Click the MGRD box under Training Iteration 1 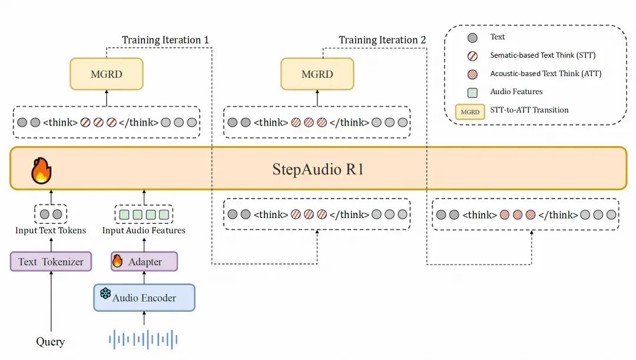(x=106, y=74)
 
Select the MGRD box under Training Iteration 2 (x=317, y=74)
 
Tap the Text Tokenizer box (x=51, y=262)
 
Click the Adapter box (x=144, y=262)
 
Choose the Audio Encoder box (x=144, y=298)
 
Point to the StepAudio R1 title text (x=318, y=170)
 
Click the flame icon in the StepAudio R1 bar (x=41, y=170)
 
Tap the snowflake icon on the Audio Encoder (x=105, y=293)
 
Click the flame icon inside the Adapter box (x=118, y=260)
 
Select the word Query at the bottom (x=51, y=342)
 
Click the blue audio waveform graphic (x=144, y=339)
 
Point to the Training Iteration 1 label (x=165, y=40)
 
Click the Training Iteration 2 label (x=382, y=40)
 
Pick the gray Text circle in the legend (x=471, y=37)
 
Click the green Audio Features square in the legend (x=471, y=91)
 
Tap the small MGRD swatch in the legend (x=470, y=111)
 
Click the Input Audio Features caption (x=144, y=230)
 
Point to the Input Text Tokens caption (x=51, y=230)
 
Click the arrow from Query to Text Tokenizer (x=51, y=300)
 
